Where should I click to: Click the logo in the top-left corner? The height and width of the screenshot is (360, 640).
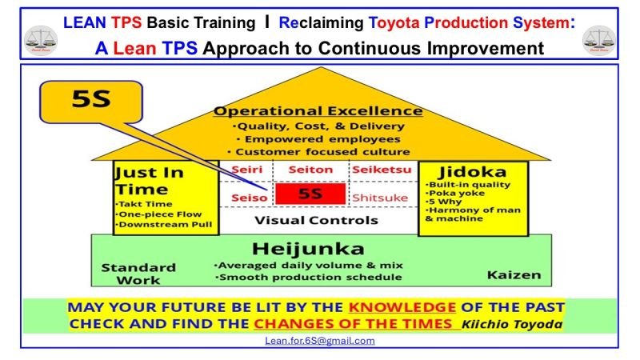coord(41,38)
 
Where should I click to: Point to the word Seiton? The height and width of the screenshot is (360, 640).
coord(310,169)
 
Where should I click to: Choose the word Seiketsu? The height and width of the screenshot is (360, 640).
coord(381,169)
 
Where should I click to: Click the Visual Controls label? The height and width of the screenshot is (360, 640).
coord(316,219)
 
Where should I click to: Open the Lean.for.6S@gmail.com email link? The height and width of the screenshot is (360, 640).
coord(319,340)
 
